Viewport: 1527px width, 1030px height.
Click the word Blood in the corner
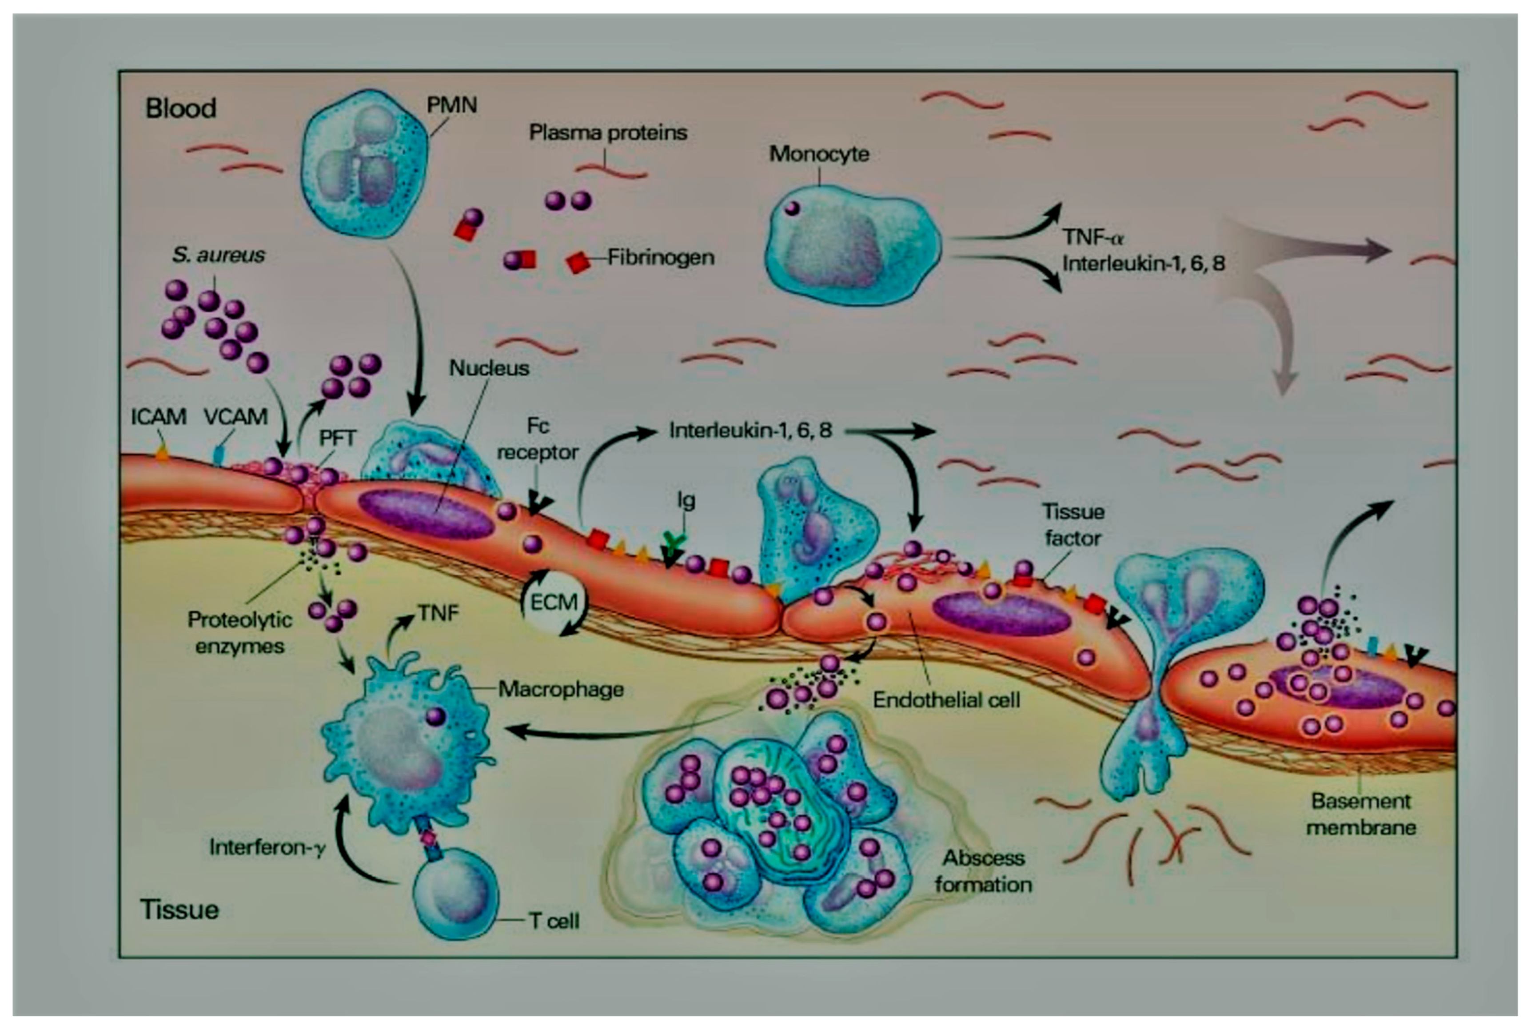181,108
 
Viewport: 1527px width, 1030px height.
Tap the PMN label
451,105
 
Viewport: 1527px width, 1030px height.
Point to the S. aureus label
218,255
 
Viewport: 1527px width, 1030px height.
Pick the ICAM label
158,416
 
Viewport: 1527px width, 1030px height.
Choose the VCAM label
235,416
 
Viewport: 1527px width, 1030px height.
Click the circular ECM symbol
554,602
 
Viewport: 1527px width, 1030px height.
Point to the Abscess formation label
983,871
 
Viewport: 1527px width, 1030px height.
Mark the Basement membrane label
1360,814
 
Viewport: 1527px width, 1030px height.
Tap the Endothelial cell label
946,699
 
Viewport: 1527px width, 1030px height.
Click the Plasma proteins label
607,133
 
